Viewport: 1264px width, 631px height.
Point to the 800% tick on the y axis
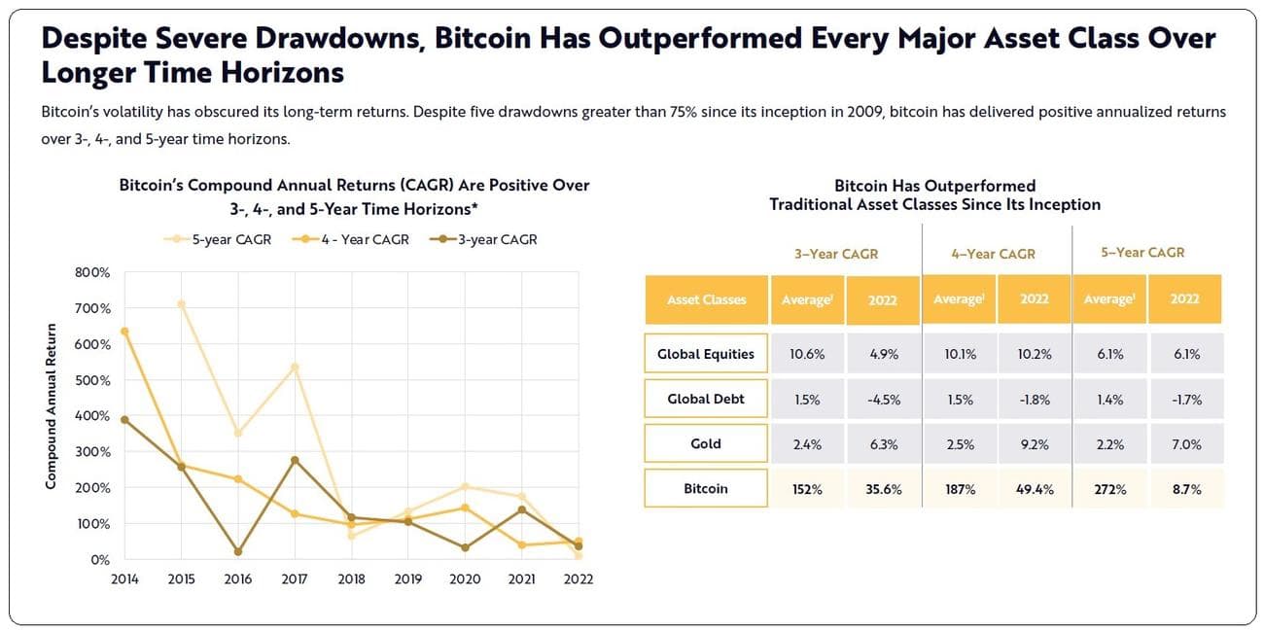(x=92, y=272)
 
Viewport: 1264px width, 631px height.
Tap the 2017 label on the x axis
(x=295, y=578)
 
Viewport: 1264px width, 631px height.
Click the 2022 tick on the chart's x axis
(x=578, y=578)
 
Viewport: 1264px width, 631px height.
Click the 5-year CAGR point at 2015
(x=181, y=304)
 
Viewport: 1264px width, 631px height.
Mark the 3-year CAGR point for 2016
(x=238, y=552)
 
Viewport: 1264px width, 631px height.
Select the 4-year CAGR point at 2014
(x=124, y=332)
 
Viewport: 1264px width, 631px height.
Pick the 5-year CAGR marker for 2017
(x=295, y=368)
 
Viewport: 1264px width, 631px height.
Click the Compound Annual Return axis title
(x=52, y=406)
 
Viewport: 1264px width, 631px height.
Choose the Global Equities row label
(x=706, y=354)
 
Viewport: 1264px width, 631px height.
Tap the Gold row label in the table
(x=706, y=443)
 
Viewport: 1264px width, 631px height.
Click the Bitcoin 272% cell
(x=1109, y=489)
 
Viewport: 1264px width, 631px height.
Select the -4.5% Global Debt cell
(x=884, y=399)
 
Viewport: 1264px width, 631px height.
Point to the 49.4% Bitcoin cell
(x=1034, y=489)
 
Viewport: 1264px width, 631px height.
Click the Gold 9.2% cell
(x=1034, y=444)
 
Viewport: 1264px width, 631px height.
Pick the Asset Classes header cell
(x=706, y=299)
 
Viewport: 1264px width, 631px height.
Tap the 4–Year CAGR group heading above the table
(x=993, y=254)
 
